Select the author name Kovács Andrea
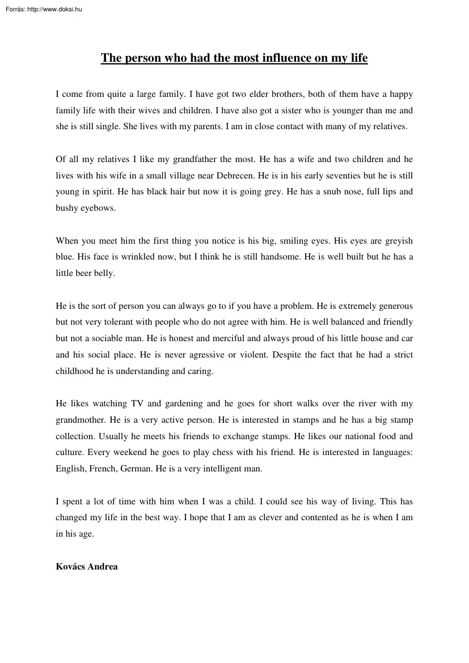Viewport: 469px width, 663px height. tap(87, 566)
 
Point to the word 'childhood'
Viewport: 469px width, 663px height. tap(74, 371)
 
